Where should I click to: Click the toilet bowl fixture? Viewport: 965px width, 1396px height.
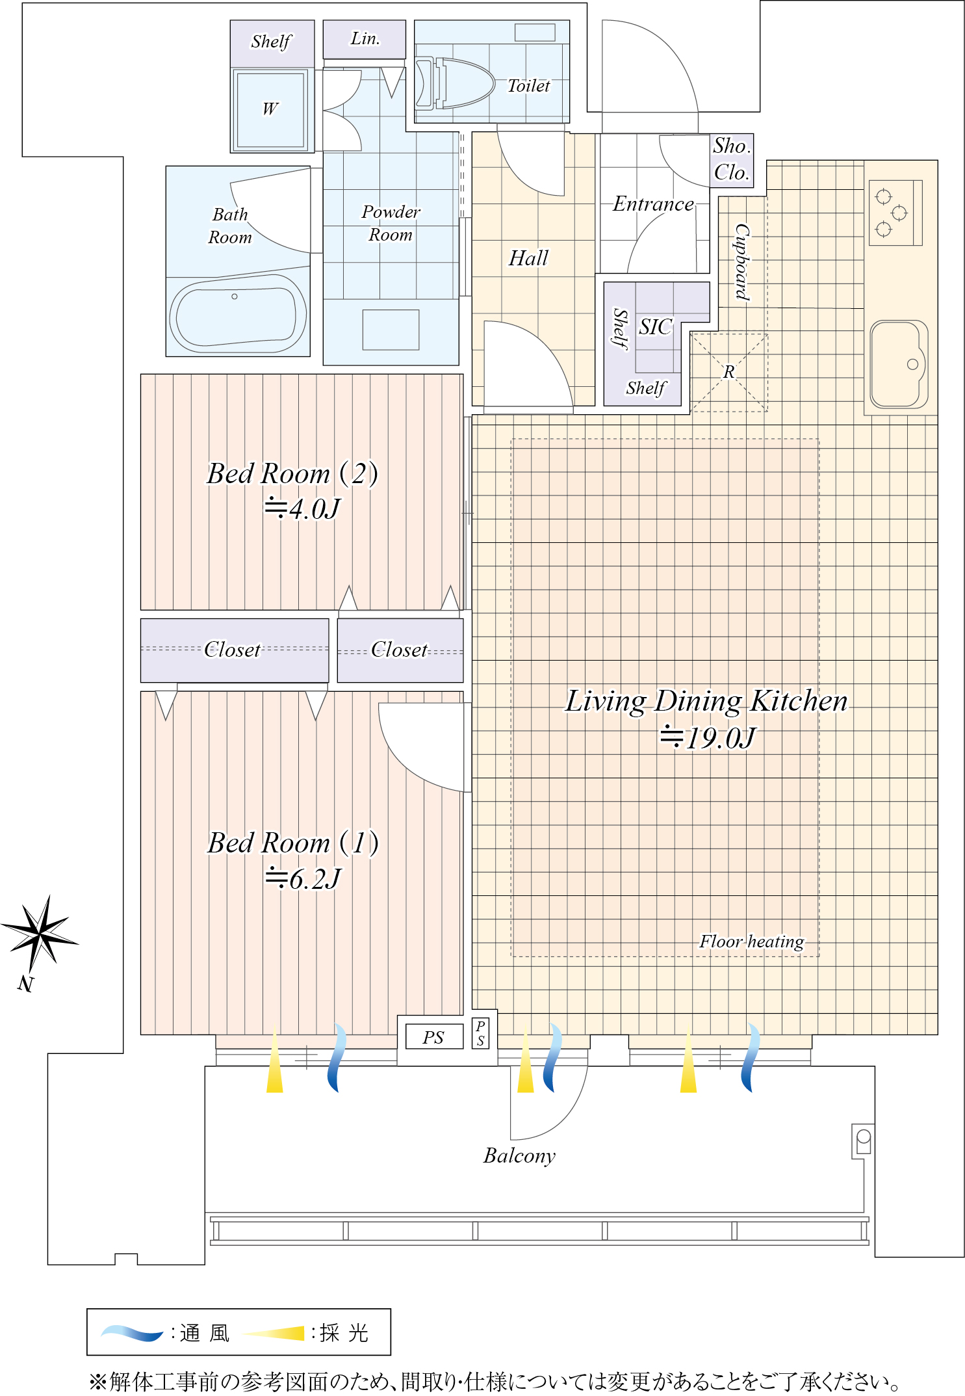(455, 83)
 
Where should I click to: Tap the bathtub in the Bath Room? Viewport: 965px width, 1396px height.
(238, 313)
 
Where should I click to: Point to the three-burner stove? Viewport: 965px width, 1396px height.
(895, 213)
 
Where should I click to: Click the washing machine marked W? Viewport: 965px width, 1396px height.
(270, 109)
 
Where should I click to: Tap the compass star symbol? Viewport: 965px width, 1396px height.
(40, 934)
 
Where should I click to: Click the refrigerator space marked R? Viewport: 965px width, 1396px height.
(728, 373)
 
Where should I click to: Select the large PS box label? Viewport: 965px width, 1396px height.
(433, 1037)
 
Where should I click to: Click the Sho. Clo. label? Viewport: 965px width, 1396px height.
(732, 159)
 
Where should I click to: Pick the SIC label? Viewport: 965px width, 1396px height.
(655, 326)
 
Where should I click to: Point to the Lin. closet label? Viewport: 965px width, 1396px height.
(365, 39)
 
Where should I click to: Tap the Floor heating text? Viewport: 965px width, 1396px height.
(751, 942)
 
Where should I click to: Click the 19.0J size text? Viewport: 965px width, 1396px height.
(708, 738)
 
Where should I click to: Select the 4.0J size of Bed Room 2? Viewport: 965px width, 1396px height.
(302, 508)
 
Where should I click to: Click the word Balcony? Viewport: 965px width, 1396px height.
(520, 1155)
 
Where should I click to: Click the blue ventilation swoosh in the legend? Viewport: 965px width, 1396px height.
(133, 1333)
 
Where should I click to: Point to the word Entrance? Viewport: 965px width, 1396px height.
(653, 204)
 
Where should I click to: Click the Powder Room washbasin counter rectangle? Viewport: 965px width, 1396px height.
(391, 330)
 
